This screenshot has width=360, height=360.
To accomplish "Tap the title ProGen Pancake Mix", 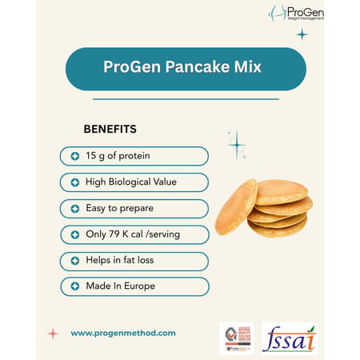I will [186, 67].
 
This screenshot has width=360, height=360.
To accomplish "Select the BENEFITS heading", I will [110, 129].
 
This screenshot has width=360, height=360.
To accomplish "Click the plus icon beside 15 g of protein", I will [74, 156].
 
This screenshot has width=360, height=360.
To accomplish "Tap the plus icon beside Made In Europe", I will [74, 286].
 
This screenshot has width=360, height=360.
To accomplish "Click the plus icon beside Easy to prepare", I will [74, 208].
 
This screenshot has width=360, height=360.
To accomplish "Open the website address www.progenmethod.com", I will [123, 333].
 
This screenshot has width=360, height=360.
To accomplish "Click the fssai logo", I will [290, 338].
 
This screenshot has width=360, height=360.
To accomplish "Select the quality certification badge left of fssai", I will [236, 338].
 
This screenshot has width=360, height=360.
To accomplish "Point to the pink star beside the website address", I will [53, 333].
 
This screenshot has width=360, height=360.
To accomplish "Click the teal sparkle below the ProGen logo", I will [302, 34].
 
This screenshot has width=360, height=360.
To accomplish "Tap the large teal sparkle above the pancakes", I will [237, 145].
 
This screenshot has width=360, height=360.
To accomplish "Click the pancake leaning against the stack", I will [236, 206].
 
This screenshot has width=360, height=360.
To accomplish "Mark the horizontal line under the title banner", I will [186, 98].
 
